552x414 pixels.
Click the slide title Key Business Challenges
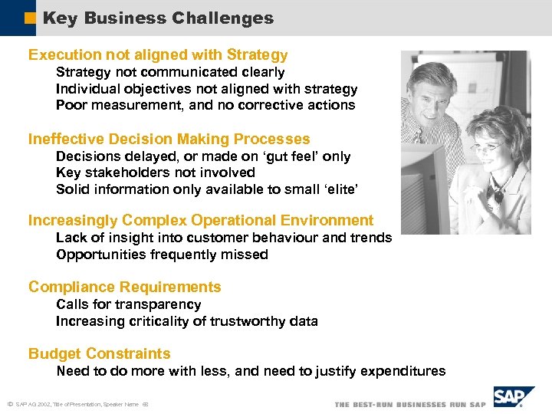point(158,18)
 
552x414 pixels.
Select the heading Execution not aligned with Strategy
point(158,55)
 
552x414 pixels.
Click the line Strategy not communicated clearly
point(170,72)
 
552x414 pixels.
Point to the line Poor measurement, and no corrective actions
point(205,105)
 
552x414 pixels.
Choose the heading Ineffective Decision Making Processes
point(169,140)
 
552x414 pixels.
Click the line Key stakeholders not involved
point(156,172)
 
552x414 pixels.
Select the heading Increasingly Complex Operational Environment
point(201,221)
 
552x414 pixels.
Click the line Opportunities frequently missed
point(162,255)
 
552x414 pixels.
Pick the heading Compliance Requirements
point(125,287)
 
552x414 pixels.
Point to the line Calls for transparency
point(128,304)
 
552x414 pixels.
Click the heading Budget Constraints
point(100,354)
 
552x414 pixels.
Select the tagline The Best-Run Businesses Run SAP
point(410,404)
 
